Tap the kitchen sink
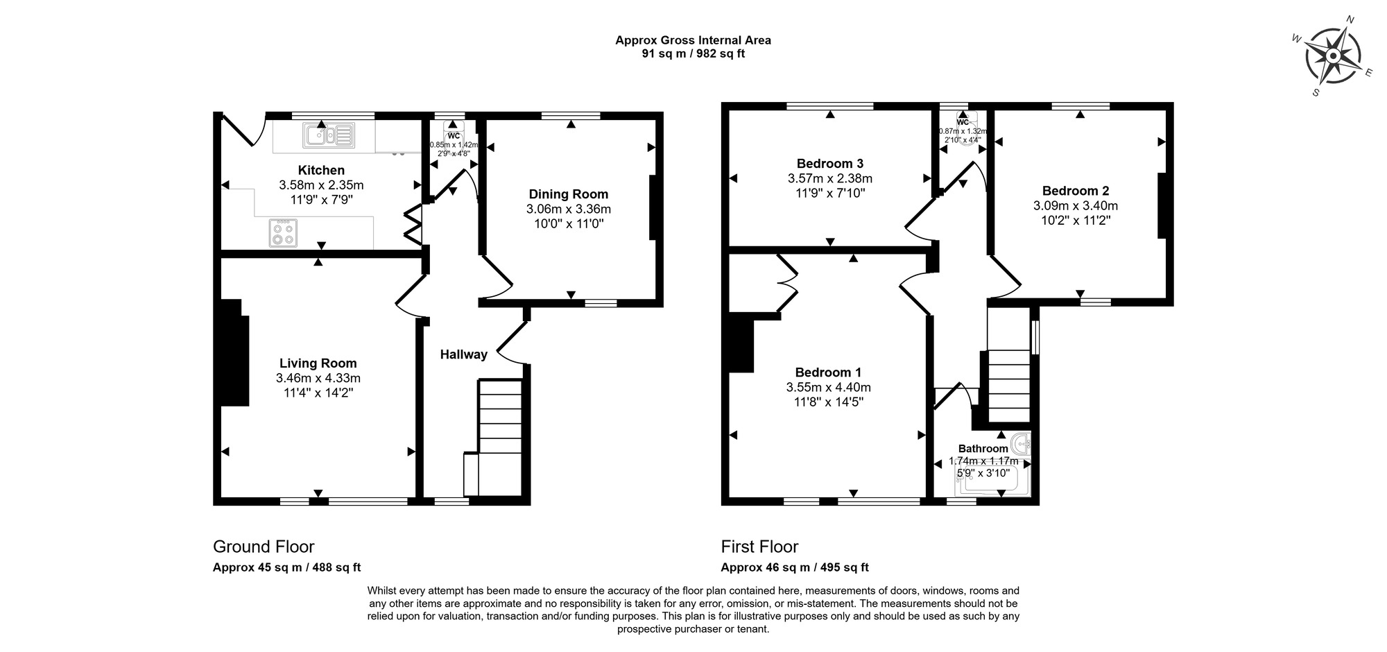tap(329, 135)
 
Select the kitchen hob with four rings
tap(282, 232)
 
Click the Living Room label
tap(318, 363)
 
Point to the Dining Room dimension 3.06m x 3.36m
tap(569, 209)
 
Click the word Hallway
tap(463, 354)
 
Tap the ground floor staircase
tap(499, 437)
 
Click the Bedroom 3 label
tap(829, 164)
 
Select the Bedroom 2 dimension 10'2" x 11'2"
tap(1076, 221)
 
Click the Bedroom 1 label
tap(828, 372)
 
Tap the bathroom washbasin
tap(1021, 443)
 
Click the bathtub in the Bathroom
tap(992, 482)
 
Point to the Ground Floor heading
tap(264, 547)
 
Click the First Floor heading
tap(759, 547)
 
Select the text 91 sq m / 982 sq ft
tap(693, 53)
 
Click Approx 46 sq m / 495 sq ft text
tap(795, 567)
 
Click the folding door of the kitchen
tap(413, 224)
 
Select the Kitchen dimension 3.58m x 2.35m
tap(321, 185)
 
